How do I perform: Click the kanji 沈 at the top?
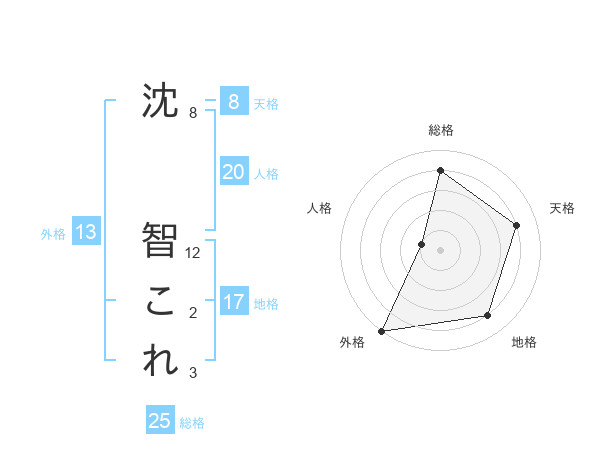tap(160, 100)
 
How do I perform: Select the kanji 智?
tap(160, 240)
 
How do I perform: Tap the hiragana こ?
tap(160, 301)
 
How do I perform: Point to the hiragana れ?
tap(160, 361)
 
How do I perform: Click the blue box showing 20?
tap(233, 172)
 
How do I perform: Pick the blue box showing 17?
tap(233, 302)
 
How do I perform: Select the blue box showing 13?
tap(86, 233)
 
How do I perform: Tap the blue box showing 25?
tap(160, 421)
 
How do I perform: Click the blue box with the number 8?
tap(233, 101)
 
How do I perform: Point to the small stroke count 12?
tap(194, 254)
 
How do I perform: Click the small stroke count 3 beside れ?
tap(193, 374)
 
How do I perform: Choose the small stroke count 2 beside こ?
tap(193, 314)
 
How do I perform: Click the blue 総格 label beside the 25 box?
tap(192, 423)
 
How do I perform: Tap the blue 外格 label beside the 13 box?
tap(53, 234)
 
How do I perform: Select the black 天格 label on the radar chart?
tap(562, 208)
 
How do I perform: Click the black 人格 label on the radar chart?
tap(319, 208)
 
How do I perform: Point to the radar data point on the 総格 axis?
tap(440, 170)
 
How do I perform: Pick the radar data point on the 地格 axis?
tap(488, 316)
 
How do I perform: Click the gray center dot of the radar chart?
tap(440, 250)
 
